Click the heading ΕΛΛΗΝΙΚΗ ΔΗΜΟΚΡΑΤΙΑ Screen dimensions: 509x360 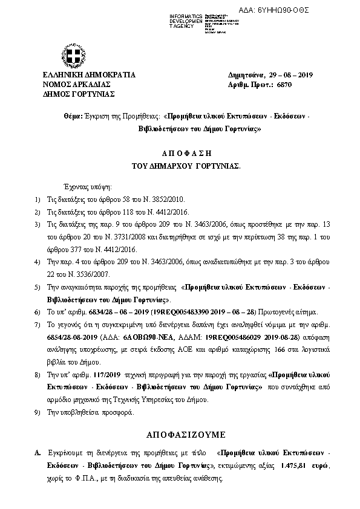coord(80,75)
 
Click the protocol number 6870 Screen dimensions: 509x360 coord(286,85)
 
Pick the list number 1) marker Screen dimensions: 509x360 coord(38,199)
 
